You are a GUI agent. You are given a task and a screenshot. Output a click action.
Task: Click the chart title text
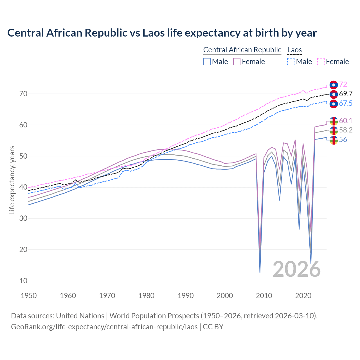tap(162, 33)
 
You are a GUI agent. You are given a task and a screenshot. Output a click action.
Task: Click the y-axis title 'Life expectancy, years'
tap(12, 180)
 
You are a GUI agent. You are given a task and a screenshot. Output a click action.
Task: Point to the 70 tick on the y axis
tap(23, 94)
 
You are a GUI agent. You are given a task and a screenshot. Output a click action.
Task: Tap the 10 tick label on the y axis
tap(23, 281)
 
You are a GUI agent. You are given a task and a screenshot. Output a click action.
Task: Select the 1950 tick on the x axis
tap(29, 296)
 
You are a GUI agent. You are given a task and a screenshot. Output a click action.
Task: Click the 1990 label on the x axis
tap(186, 296)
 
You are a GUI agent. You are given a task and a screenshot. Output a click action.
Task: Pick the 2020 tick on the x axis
tap(303, 296)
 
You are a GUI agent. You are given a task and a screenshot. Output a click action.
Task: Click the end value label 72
tap(343, 84)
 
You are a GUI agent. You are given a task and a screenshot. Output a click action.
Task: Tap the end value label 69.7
tap(346, 94)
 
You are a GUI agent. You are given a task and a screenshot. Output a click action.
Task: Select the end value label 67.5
tap(346, 103)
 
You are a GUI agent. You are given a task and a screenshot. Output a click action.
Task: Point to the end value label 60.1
tap(346, 121)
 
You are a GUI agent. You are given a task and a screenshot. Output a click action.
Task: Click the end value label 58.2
tap(346, 130)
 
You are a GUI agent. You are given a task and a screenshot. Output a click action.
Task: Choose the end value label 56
tap(343, 140)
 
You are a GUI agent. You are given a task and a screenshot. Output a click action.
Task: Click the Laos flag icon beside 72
tap(334, 85)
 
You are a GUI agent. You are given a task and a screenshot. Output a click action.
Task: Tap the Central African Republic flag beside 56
tap(334, 140)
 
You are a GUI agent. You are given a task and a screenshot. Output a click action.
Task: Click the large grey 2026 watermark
tap(296, 269)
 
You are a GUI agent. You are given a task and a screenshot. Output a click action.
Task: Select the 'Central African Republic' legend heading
tap(242, 50)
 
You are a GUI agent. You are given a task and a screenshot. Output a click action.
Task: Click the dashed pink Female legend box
tap(321, 62)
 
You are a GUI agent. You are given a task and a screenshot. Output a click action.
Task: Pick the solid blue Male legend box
tap(207, 62)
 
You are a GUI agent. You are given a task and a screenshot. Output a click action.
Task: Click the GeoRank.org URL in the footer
tap(104, 327)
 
